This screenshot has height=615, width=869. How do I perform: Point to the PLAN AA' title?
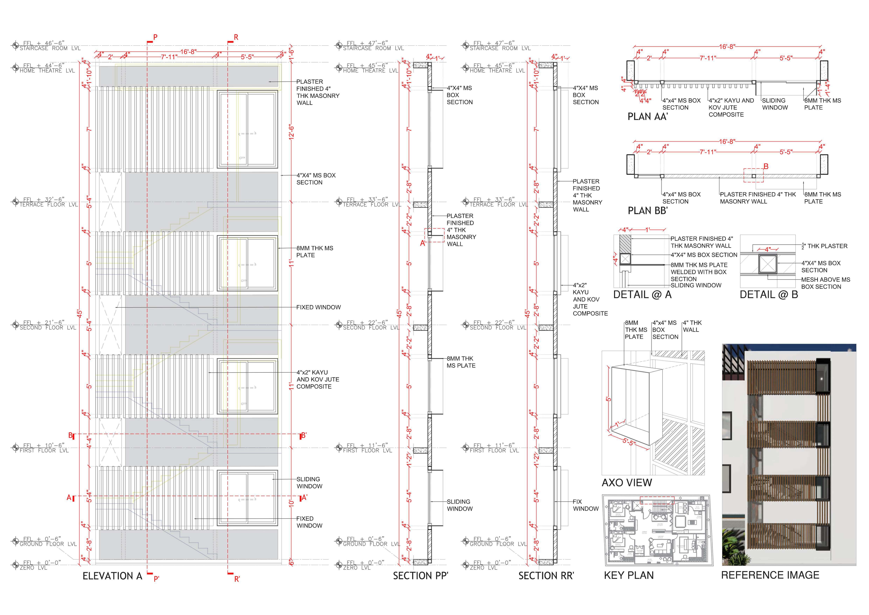(648, 117)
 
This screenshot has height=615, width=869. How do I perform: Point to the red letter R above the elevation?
(236, 38)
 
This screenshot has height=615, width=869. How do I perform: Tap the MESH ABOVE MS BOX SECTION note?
(825, 283)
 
